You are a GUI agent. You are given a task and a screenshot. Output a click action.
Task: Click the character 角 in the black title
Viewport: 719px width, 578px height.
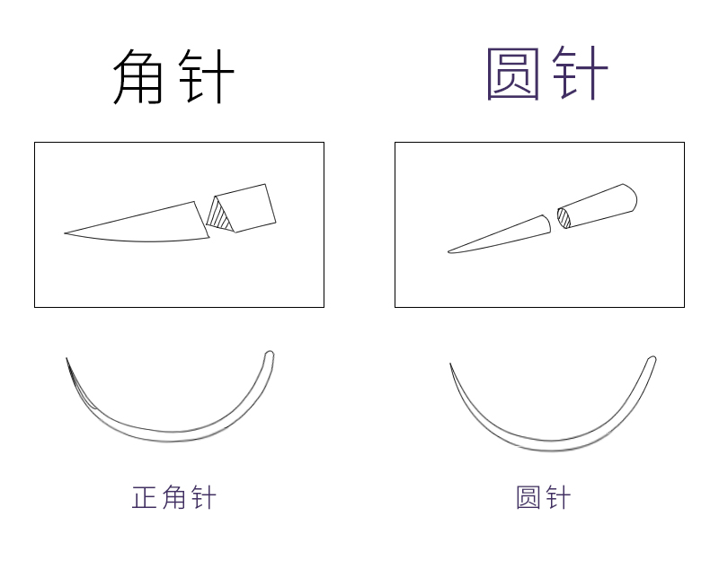pos(139,75)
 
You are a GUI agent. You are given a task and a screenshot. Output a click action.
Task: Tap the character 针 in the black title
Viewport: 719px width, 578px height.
pos(206,75)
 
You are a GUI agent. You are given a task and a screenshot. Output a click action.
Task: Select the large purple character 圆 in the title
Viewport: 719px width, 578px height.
pos(513,74)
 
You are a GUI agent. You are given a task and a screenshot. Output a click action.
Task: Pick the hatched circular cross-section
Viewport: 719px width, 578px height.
pos(563,217)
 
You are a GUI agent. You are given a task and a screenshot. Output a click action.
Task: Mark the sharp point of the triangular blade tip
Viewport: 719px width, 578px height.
pos(66,233)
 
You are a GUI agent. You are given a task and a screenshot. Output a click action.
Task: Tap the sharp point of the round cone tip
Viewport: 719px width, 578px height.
pos(449,251)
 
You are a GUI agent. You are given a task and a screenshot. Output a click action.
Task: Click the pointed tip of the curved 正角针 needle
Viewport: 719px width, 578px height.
pos(67,360)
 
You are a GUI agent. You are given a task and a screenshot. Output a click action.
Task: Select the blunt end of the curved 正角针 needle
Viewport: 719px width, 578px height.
pos(269,355)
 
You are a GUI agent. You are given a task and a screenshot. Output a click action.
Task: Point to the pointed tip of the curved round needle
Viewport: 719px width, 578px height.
pos(450,364)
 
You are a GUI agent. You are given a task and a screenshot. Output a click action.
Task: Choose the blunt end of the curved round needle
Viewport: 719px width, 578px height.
pos(652,361)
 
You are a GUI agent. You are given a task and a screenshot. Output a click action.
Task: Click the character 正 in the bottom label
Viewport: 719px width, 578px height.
pos(145,497)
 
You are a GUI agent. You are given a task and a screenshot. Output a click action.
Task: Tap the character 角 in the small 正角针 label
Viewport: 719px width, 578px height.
pos(173,497)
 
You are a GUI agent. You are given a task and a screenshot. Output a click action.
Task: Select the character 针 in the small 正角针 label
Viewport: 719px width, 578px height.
pos(202,497)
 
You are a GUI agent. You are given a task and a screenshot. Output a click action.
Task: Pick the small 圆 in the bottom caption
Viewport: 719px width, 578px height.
pos(528,497)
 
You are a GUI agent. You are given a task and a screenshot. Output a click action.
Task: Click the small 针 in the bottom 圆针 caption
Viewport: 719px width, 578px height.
pos(557,497)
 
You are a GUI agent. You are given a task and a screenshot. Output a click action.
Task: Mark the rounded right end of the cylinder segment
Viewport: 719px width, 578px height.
pos(631,197)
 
